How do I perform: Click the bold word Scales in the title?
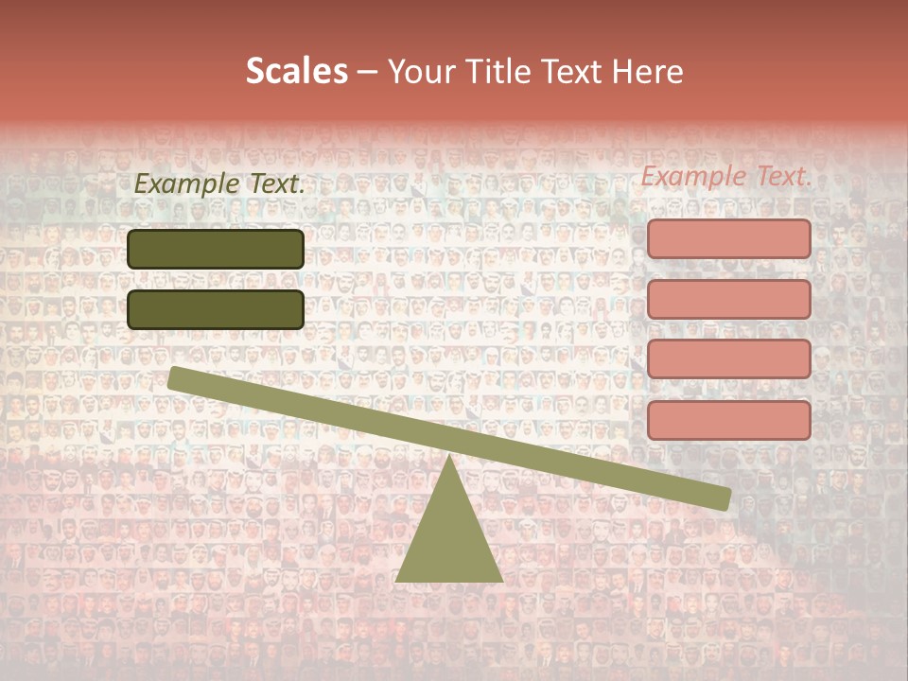[296, 72]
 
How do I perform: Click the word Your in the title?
[421, 72]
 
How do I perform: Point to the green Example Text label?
[219, 184]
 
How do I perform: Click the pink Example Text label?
[726, 176]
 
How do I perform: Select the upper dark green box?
[216, 249]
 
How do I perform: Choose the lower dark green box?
[216, 309]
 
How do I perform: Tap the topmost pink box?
[728, 238]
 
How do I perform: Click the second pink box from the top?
[728, 299]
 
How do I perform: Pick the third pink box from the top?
[728, 359]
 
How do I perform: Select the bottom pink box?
[728, 420]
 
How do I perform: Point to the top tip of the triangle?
[449, 458]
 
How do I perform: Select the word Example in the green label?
[186, 184]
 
